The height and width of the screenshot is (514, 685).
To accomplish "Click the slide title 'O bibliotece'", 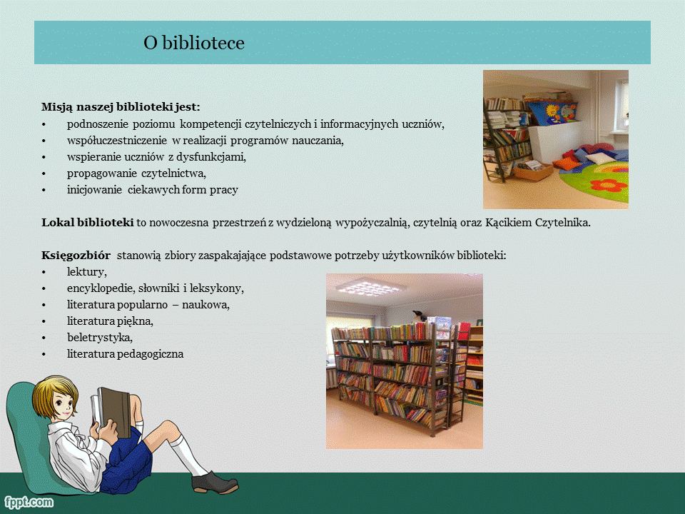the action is click(x=194, y=43).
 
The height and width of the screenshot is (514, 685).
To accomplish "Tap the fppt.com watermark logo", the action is click(x=29, y=502).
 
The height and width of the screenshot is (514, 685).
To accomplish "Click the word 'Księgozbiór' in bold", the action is click(x=76, y=256).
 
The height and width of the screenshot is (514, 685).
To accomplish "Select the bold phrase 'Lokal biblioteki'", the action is click(x=87, y=223).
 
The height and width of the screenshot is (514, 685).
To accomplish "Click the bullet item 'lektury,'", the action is click(x=87, y=272).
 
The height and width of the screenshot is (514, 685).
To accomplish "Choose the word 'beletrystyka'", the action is click(x=98, y=338).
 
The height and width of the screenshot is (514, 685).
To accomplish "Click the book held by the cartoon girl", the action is click(x=111, y=412).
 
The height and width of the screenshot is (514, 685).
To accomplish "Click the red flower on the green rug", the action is click(x=609, y=185).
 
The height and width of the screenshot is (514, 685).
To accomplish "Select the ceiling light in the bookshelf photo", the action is click(x=371, y=288).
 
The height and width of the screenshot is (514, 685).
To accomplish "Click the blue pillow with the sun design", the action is click(x=552, y=112).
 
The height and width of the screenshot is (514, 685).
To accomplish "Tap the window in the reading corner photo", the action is click(x=621, y=107).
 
